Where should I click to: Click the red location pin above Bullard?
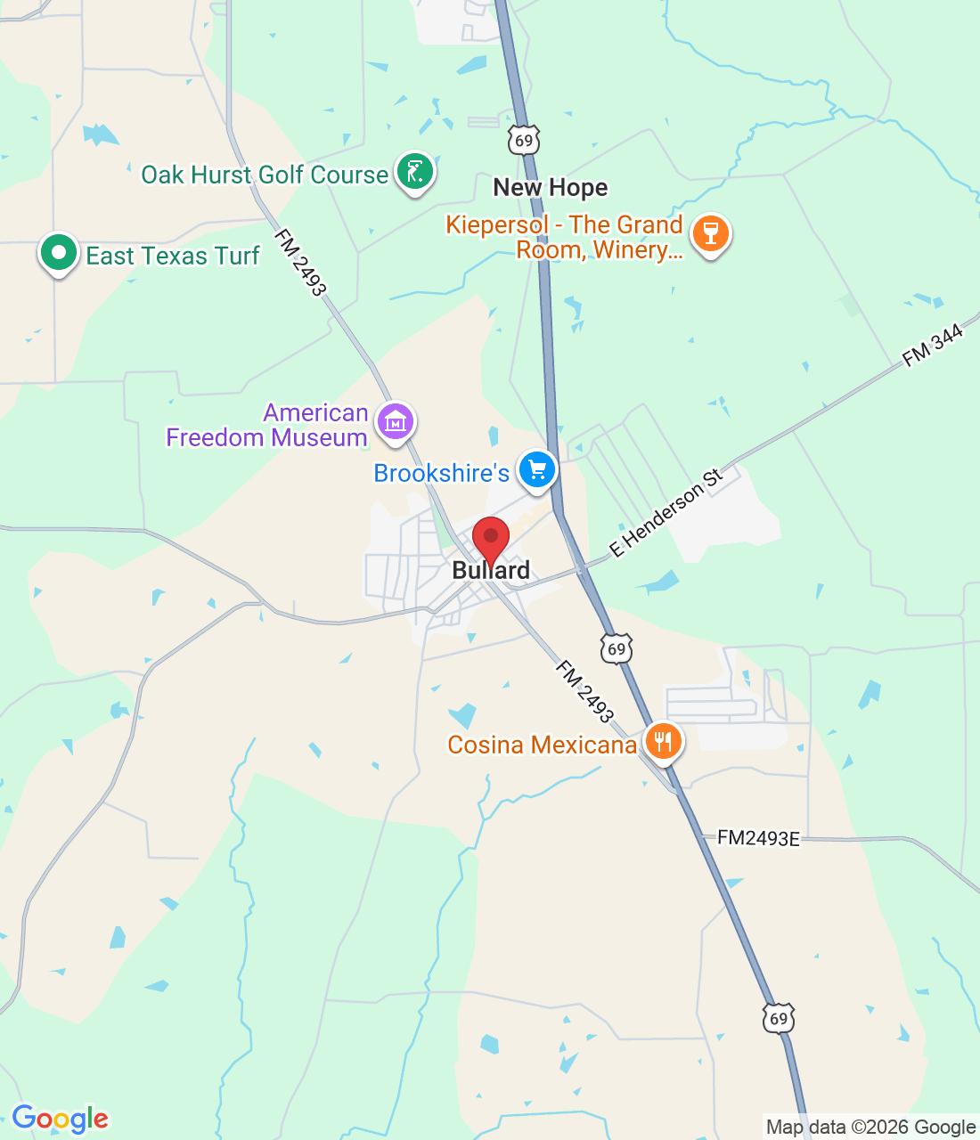point(490,538)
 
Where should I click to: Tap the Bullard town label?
point(491,571)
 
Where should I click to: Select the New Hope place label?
point(551,188)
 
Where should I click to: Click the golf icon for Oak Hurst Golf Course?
point(414,171)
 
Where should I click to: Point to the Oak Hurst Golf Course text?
point(265,175)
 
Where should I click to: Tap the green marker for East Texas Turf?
point(59,254)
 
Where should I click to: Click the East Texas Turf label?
point(173,256)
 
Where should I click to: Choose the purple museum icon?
point(396,421)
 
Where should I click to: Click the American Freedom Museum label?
point(267,426)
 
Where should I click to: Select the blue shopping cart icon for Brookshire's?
point(537,469)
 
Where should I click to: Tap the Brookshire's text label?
point(441,473)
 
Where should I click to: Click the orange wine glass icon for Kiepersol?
point(710,233)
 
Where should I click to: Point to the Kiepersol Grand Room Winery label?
point(565,238)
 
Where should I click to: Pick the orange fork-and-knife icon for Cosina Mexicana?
point(663,741)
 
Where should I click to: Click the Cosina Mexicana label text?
point(542,745)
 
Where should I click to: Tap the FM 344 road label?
point(933,346)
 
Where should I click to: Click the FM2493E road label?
point(759,838)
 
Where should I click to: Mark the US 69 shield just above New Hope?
point(525,140)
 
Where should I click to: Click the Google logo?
point(60,1119)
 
